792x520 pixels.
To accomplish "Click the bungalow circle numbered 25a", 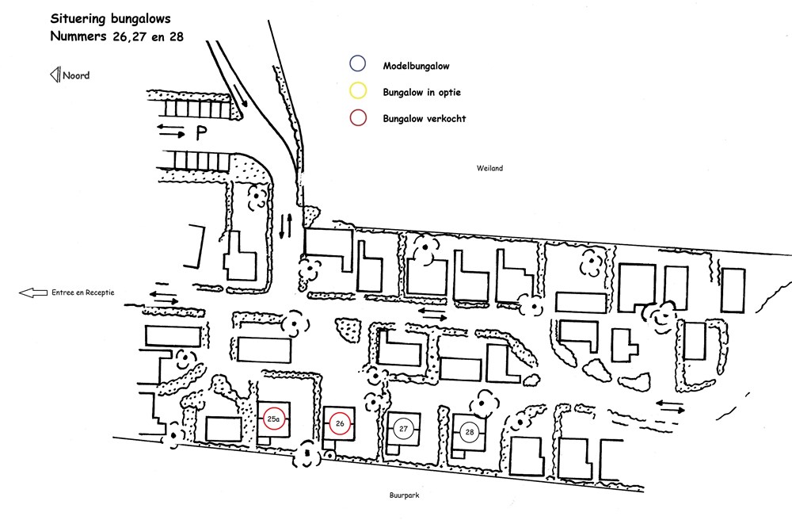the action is point(274,408).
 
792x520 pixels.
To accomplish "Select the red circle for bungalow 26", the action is point(340,412).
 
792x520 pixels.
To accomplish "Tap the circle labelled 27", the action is point(403,418).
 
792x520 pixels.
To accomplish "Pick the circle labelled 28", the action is point(469,422).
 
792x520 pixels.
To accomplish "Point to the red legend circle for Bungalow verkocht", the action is point(358,109).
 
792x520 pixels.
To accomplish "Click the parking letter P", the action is point(201,133).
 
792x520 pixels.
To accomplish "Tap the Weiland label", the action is point(489,168).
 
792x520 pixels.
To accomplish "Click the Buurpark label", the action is point(404,495).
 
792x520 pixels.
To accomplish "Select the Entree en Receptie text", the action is point(83,292).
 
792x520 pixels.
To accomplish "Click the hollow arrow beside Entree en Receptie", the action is point(33,292).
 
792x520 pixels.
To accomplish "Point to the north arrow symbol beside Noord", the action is point(55,75).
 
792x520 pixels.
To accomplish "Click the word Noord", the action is point(76,75).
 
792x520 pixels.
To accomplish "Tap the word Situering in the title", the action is point(78,19).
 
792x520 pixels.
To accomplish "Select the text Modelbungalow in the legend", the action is point(417,66).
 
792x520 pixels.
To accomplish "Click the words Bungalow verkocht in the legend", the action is point(425,119).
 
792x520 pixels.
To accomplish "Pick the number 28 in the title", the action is point(177,37).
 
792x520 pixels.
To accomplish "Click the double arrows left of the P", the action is point(171,131).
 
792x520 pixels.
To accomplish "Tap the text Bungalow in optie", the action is point(422,93).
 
